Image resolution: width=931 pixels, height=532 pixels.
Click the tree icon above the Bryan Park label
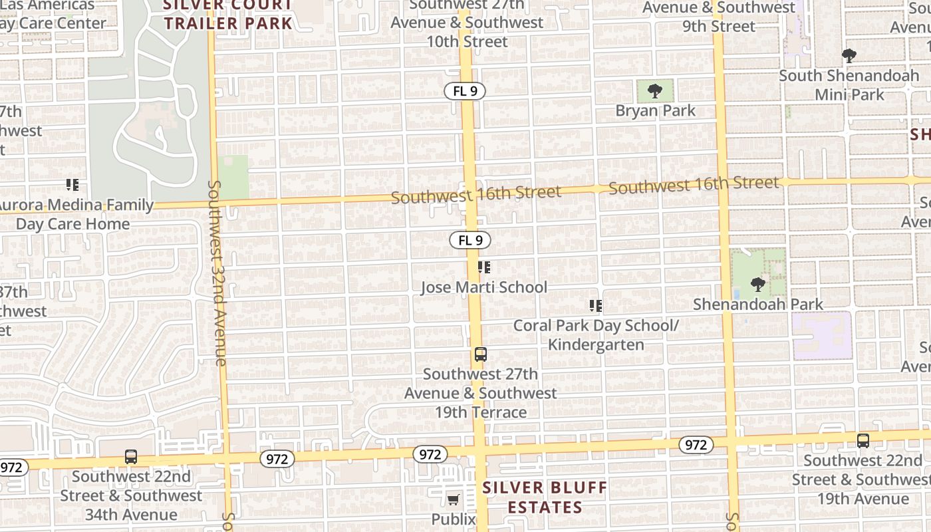point(655,90)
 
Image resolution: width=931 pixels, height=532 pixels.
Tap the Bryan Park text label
point(655,110)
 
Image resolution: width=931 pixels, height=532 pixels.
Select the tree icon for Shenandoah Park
point(757,285)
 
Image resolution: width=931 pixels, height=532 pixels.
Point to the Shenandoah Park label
point(758,304)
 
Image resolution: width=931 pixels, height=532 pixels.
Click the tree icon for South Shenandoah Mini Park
point(849,55)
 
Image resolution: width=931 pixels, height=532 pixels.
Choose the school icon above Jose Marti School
point(484,267)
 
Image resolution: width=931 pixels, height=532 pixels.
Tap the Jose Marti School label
point(484,287)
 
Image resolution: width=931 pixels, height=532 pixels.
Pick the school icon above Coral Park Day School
point(596,306)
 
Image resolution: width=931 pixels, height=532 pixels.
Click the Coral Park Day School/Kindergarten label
point(596,334)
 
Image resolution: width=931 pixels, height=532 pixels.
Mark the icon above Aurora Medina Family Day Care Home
point(72,185)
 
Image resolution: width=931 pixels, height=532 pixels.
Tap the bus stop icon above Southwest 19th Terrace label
point(481,354)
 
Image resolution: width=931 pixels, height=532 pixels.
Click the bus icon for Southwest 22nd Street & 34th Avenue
point(131,457)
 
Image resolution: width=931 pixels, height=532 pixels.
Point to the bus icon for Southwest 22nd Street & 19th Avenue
point(863,440)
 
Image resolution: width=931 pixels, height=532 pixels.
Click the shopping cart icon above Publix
point(454,499)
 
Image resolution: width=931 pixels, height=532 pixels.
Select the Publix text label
point(454,519)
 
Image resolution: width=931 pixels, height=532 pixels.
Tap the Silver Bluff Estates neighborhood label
point(545,497)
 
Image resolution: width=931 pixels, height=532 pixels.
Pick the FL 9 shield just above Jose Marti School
point(470,240)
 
